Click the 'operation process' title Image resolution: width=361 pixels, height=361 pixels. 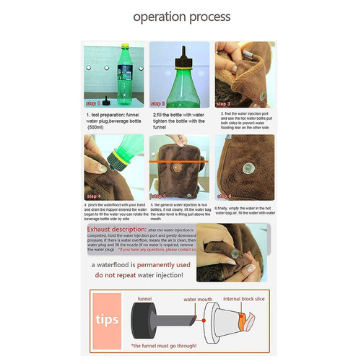180,16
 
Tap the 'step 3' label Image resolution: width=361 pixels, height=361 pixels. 225,104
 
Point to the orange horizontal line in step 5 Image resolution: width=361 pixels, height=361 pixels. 180,162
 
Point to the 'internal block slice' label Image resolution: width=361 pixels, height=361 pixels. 249,297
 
